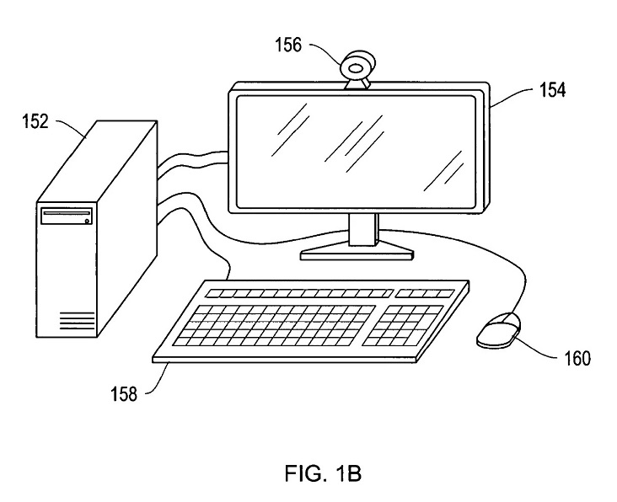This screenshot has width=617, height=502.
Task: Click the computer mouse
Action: [498, 329]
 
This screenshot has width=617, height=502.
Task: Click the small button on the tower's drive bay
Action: [88, 221]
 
